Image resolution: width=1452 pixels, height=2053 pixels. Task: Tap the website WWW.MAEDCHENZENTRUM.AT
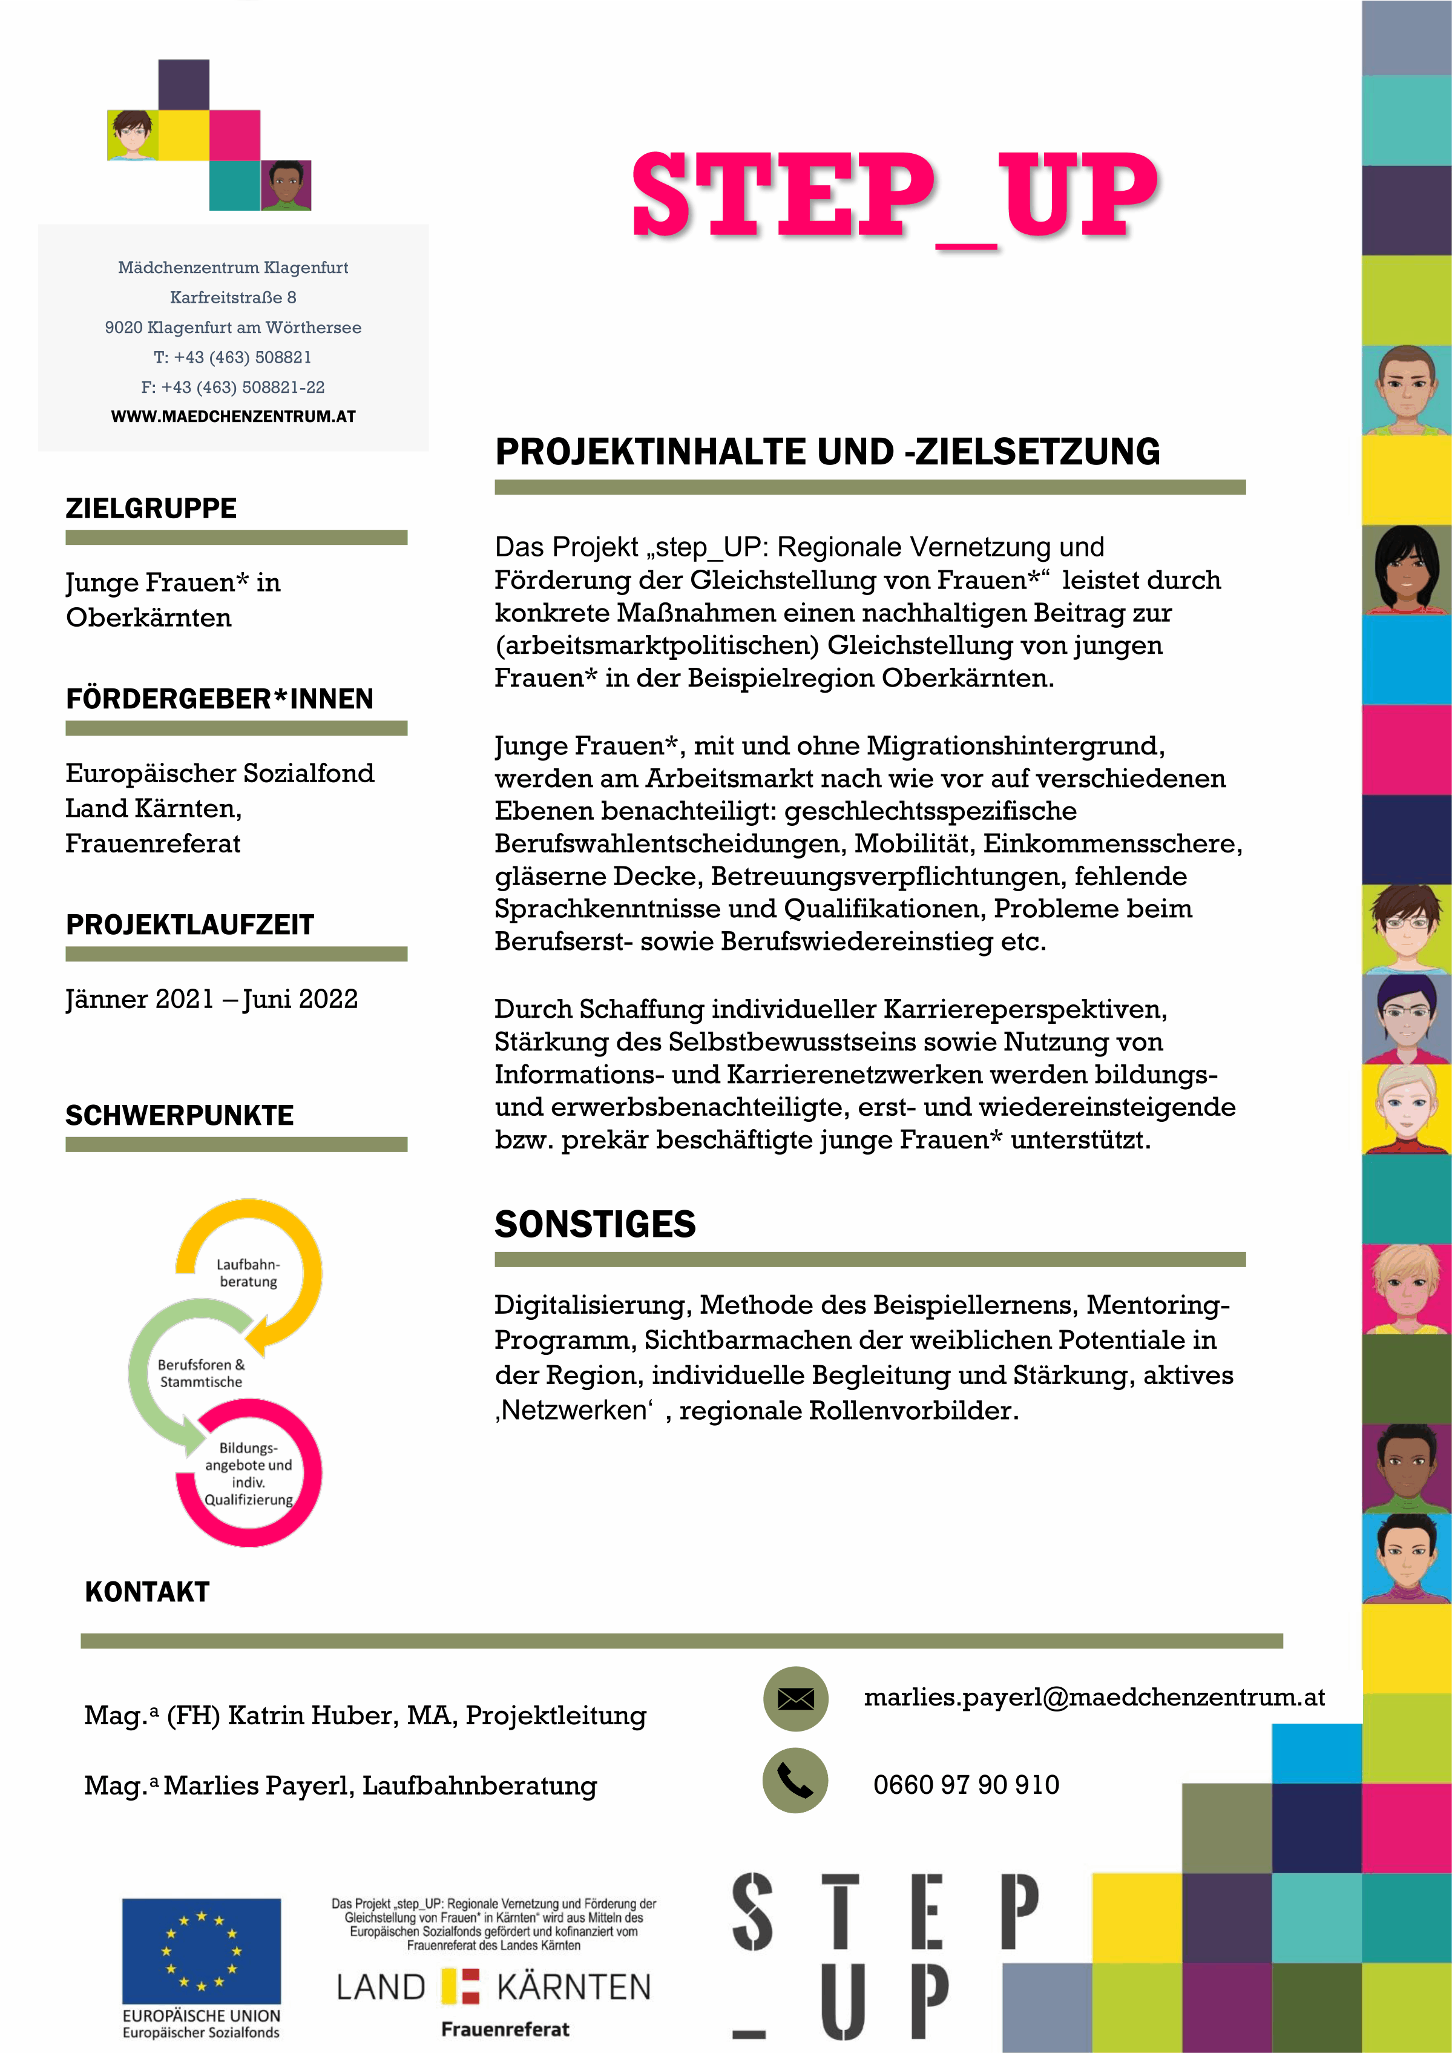tap(234, 417)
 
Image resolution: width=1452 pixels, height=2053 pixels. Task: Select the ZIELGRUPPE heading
tap(151, 509)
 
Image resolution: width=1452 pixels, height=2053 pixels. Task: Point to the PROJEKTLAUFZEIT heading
tap(189, 924)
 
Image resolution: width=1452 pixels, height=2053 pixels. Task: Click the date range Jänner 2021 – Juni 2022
tap(212, 999)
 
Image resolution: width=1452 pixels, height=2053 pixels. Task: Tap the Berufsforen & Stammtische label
tap(201, 1373)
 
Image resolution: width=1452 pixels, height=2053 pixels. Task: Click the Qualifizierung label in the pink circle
tap(249, 1500)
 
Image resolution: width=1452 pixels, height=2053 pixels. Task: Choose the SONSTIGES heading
tap(596, 1224)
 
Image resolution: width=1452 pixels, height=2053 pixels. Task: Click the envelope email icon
tap(795, 1698)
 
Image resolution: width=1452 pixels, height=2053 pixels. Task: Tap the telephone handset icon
tap(795, 1781)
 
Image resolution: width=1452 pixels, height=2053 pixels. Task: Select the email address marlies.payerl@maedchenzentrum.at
tap(1094, 1697)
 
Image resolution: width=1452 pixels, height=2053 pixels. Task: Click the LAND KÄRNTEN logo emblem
tap(461, 1987)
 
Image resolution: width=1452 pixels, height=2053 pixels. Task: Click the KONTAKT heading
tap(148, 1592)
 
